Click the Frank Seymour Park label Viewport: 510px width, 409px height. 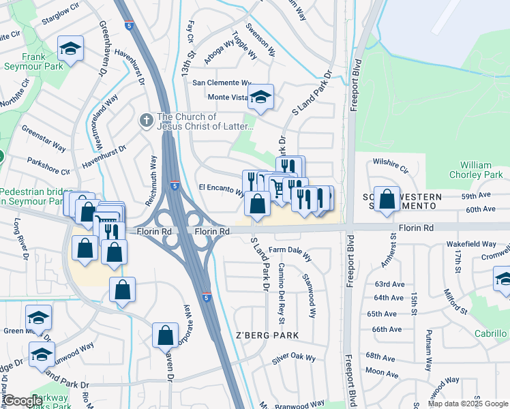[33, 61]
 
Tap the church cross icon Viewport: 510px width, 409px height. [145, 121]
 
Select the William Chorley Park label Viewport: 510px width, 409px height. [475, 170]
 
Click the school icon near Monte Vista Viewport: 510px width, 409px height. [260, 97]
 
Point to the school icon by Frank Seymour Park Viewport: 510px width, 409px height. [70, 48]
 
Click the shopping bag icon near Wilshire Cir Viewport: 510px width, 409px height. [387, 199]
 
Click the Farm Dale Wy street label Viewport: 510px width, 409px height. [290, 254]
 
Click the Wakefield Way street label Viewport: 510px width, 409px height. [470, 243]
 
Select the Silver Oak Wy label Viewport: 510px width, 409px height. [294, 358]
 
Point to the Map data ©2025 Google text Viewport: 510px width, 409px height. [468, 404]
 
